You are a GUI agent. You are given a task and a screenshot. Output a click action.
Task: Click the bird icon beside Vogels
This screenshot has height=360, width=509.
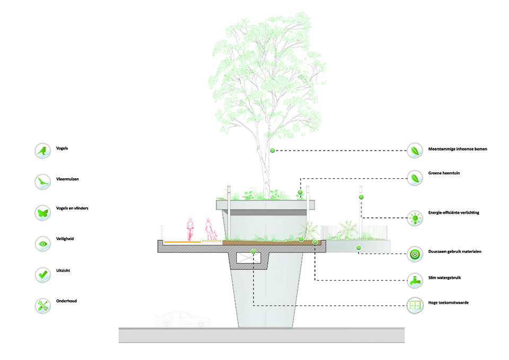(x=42, y=151)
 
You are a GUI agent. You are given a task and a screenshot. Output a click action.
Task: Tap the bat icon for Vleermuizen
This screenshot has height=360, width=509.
(x=42, y=182)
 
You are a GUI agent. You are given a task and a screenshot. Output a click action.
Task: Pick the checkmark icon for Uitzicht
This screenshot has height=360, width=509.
(x=42, y=274)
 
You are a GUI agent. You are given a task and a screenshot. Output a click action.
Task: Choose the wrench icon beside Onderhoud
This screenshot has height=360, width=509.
(x=42, y=305)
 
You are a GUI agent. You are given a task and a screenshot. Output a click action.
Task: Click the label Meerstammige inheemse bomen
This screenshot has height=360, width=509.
(x=458, y=150)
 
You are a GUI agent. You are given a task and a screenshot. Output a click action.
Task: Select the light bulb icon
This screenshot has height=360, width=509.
(x=414, y=216)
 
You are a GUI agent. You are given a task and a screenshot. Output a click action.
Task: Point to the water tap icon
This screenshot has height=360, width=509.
(x=414, y=280)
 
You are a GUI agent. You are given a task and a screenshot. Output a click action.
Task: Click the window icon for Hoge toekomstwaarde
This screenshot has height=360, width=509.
(x=414, y=305)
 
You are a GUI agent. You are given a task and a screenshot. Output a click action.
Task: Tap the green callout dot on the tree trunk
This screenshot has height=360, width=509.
(x=273, y=151)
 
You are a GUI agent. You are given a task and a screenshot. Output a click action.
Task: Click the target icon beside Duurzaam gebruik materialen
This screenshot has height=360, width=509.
(x=414, y=253)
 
